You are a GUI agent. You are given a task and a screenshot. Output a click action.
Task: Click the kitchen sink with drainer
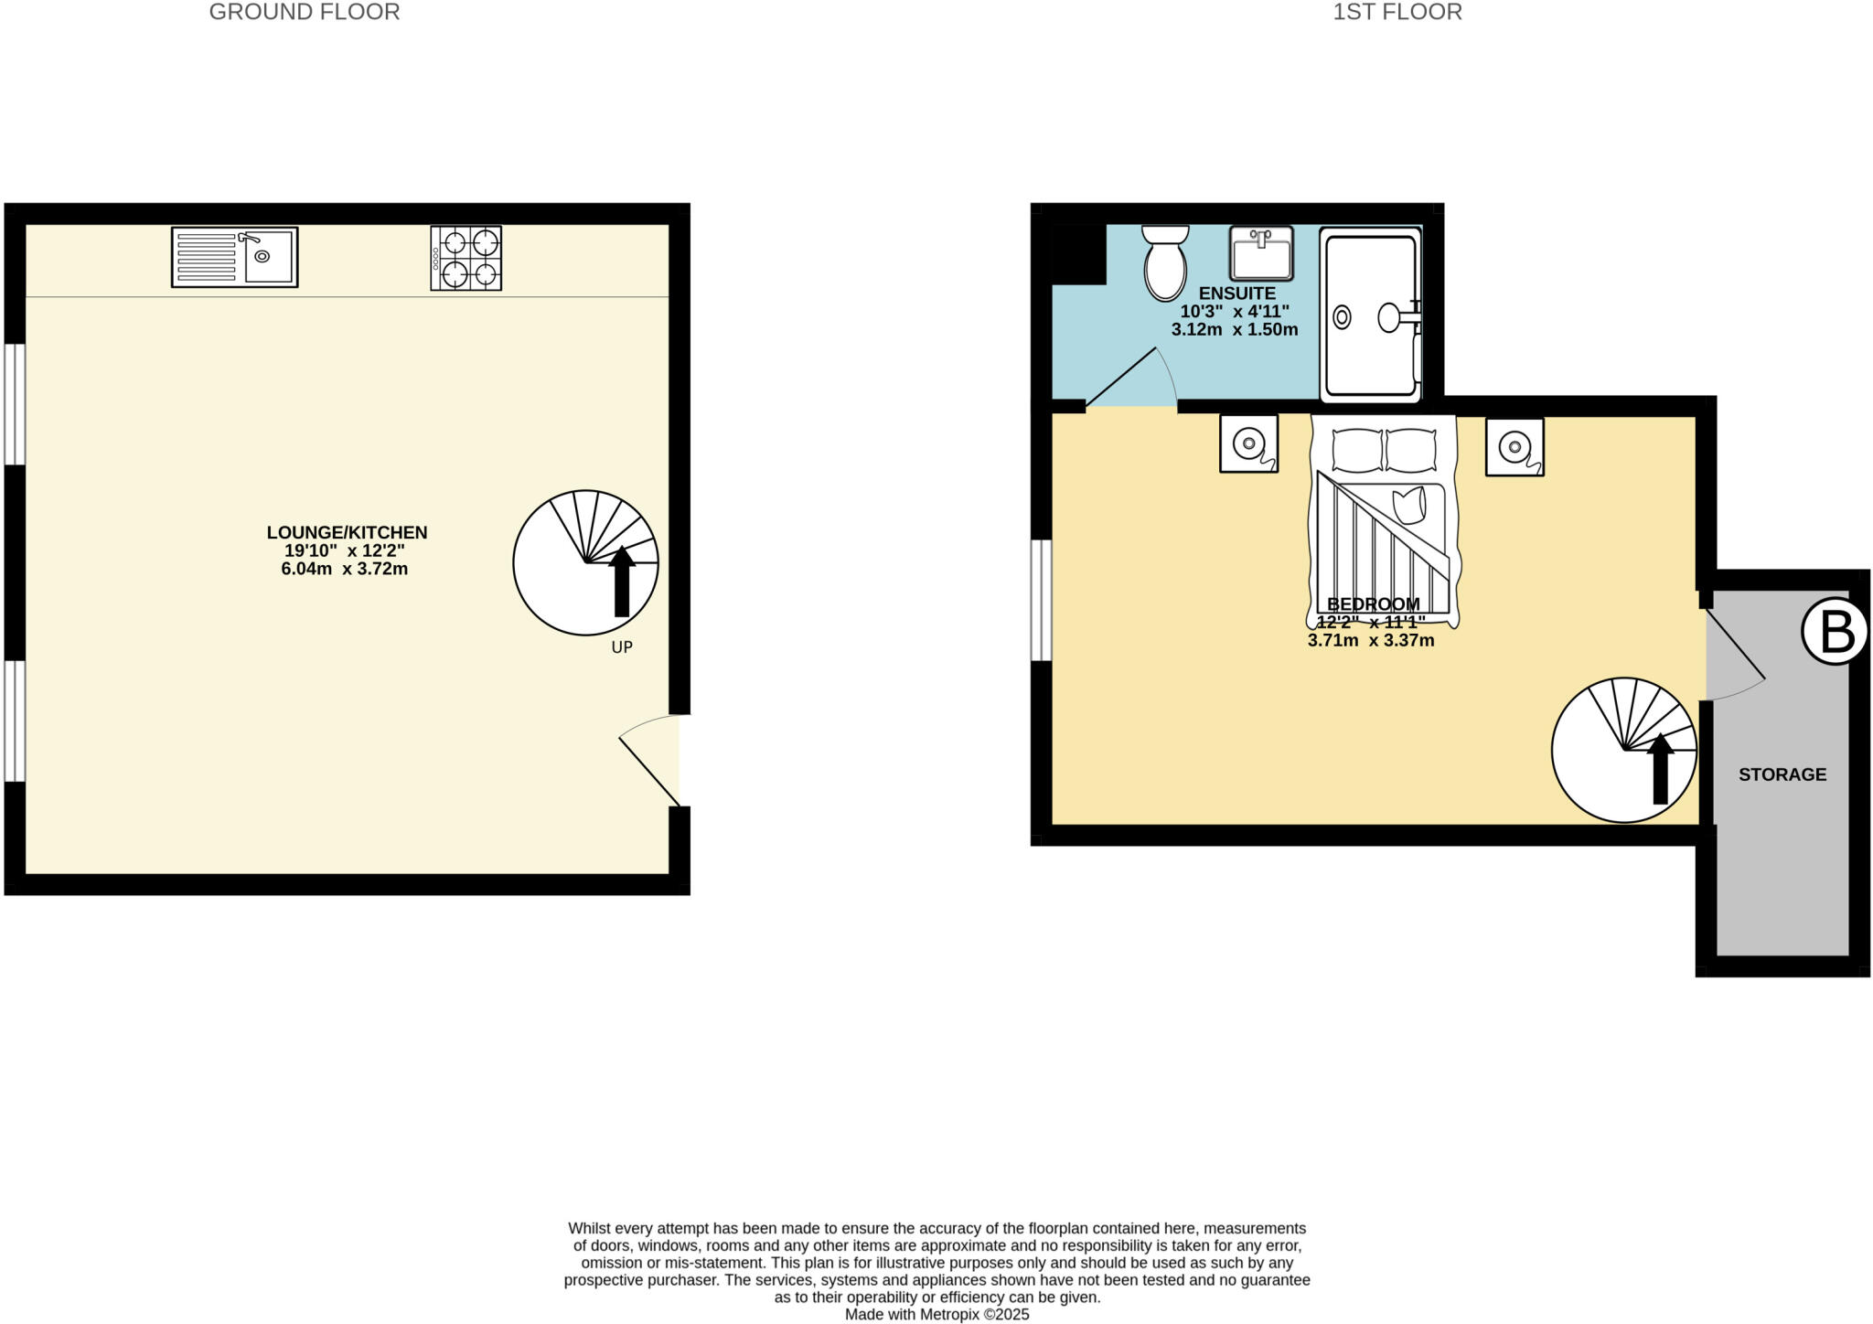click(234, 257)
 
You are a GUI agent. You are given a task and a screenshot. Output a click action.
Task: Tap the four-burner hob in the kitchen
click(466, 258)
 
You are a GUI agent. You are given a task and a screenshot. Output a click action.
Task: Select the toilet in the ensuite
click(1165, 264)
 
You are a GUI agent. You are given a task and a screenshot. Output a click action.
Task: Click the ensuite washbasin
click(1260, 253)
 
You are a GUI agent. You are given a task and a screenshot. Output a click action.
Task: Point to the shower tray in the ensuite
click(1370, 315)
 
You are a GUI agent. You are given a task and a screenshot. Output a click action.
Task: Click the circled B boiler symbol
click(1834, 631)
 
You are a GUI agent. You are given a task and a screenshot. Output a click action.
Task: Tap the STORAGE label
click(1782, 774)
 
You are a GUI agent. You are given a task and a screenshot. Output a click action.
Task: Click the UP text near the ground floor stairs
click(622, 647)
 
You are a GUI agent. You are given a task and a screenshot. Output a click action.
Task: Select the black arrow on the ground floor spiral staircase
click(622, 582)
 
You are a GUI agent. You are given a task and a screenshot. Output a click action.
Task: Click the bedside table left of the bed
click(1248, 444)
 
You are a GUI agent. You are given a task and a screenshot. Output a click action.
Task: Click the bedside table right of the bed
click(1514, 446)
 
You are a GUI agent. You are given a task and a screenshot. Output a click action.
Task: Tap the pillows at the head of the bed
click(1384, 450)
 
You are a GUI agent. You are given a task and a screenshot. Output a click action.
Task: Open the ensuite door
click(1132, 380)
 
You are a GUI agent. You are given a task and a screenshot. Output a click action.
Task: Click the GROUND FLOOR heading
click(305, 12)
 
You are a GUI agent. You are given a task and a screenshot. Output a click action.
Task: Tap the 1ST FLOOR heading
click(1397, 12)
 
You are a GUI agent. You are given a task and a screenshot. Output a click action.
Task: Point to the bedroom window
click(1041, 600)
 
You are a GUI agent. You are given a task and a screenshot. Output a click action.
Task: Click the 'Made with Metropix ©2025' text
click(936, 1314)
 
